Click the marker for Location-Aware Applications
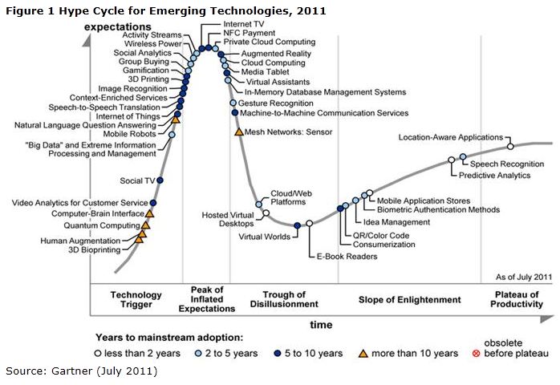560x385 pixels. (509, 147)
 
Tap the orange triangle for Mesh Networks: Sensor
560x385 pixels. (238, 131)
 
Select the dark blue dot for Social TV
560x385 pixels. (160, 180)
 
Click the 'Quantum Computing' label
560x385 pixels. (100, 225)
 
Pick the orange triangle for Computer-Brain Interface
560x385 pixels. (149, 214)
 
